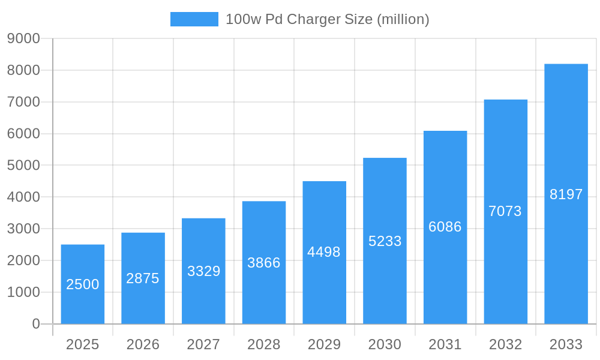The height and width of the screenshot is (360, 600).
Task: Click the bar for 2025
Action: tap(83, 284)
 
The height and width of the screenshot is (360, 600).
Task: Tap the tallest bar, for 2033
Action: tap(566, 194)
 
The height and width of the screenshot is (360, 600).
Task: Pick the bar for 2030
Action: tap(385, 241)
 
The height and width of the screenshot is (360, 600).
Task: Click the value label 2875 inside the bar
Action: tap(143, 278)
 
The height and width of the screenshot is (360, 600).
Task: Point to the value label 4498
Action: tap(324, 252)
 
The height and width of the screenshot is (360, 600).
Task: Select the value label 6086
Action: tap(445, 227)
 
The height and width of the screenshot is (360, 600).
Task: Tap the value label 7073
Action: tap(505, 211)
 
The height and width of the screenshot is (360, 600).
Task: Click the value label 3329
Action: tap(203, 271)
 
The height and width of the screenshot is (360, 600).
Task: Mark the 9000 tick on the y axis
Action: tap(23, 38)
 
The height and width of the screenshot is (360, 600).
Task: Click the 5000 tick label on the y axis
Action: tap(23, 165)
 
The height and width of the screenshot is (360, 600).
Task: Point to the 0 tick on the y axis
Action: tap(36, 324)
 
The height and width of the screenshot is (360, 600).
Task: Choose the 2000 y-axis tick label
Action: tap(23, 260)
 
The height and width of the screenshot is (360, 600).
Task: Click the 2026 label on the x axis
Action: tap(143, 344)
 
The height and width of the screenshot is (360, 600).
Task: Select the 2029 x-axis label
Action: tap(324, 344)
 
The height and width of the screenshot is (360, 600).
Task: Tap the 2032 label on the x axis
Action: tap(505, 344)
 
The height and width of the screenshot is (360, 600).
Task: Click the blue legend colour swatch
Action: tap(194, 19)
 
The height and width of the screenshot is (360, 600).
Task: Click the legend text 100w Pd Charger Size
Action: tap(327, 19)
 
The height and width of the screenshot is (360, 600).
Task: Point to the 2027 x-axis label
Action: tap(203, 344)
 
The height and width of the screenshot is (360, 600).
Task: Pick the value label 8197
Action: tap(566, 194)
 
